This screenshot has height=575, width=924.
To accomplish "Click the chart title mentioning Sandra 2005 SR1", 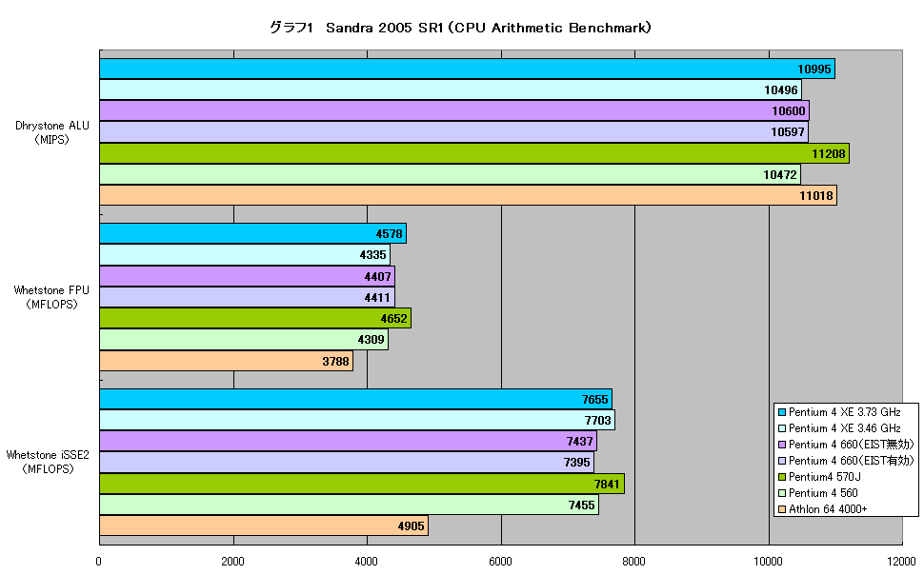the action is tap(460, 28).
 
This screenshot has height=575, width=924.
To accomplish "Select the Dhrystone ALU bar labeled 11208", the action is tap(474, 153).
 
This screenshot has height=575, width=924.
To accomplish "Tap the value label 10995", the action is tap(814, 69).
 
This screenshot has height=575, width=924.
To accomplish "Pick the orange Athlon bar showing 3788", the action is tap(227, 361).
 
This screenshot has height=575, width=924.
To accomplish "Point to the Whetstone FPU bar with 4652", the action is tap(255, 318).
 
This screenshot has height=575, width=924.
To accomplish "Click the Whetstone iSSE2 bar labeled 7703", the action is tap(357, 420).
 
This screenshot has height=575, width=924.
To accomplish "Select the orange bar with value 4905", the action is tap(264, 525).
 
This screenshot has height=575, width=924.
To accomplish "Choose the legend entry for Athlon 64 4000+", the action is tap(823, 509).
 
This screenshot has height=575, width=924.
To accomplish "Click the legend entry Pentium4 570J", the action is tap(820, 477).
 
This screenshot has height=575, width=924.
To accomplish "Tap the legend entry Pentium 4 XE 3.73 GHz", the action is tap(839, 412).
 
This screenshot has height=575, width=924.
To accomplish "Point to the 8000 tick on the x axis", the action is tap(634, 561).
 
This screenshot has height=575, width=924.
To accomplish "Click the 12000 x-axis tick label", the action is tap(901, 561).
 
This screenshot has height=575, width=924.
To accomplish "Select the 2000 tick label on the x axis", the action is tap(232, 561).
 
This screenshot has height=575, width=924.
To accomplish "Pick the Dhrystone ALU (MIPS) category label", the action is tap(52, 132).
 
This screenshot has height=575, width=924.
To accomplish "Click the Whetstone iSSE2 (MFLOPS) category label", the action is tap(48, 462).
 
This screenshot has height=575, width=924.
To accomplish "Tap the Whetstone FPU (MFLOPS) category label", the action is tap(51, 297).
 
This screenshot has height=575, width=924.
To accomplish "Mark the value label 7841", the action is tap(607, 484).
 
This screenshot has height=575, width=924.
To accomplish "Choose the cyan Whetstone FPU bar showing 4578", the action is tap(252, 233).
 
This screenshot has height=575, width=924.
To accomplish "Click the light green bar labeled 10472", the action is tap(451, 174).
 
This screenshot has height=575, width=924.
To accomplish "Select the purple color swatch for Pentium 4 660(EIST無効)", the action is tap(782, 445).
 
